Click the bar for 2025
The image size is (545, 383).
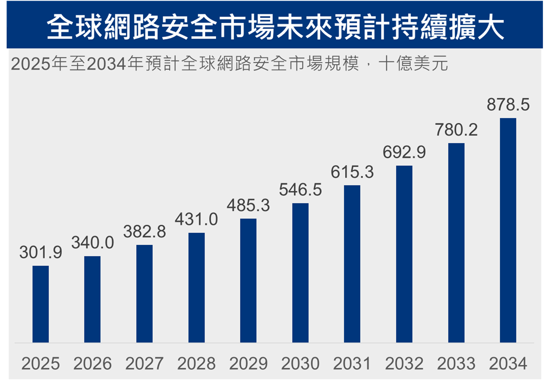pyautogui.click(x=40, y=304)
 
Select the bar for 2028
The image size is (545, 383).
pyautogui.click(x=196, y=287)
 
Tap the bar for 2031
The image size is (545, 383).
pyautogui.click(x=352, y=263)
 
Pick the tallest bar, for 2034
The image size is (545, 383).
pyautogui.click(x=508, y=230)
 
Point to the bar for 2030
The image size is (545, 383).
pyautogui.click(x=300, y=272)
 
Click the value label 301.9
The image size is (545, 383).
pyautogui.click(x=40, y=253)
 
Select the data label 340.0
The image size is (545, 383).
pyautogui.click(x=92, y=243)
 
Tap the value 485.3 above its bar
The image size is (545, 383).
pyautogui.click(x=248, y=205)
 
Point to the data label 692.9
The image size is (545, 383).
pyautogui.click(x=404, y=152)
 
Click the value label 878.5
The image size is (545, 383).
pyautogui.click(x=508, y=105)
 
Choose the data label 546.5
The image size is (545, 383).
pyautogui.click(x=300, y=190)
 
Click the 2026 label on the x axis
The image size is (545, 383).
pyautogui.click(x=92, y=364)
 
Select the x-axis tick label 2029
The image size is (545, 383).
pyautogui.click(x=248, y=364)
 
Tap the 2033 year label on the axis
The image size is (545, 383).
pyautogui.click(x=456, y=364)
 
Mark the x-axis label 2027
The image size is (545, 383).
pyautogui.click(x=144, y=364)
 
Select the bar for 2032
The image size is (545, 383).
pyautogui.click(x=404, y=254)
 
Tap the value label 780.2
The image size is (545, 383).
pyautogui.click(x=456, y=130)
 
